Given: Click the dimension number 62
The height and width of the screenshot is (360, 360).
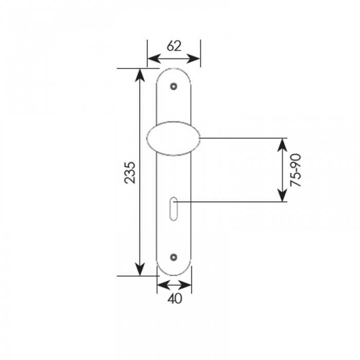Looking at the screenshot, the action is (174, 46).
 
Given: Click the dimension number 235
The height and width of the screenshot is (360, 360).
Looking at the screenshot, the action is (130, 173).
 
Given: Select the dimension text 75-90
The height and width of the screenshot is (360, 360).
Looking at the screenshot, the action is (295, 170).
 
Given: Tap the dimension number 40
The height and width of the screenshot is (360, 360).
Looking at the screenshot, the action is (175, 299).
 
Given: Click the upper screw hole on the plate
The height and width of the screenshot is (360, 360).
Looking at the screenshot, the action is (174, 86).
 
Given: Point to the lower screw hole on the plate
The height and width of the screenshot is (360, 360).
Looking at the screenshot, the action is (174, 257).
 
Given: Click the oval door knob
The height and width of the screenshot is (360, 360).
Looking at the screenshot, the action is (173, 138).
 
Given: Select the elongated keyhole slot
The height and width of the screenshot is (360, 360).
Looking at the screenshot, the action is (174, 209).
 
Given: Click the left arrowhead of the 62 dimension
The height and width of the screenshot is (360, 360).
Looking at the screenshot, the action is (154, 59).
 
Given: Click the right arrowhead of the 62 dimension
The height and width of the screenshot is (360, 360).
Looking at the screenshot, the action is (194, 59).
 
